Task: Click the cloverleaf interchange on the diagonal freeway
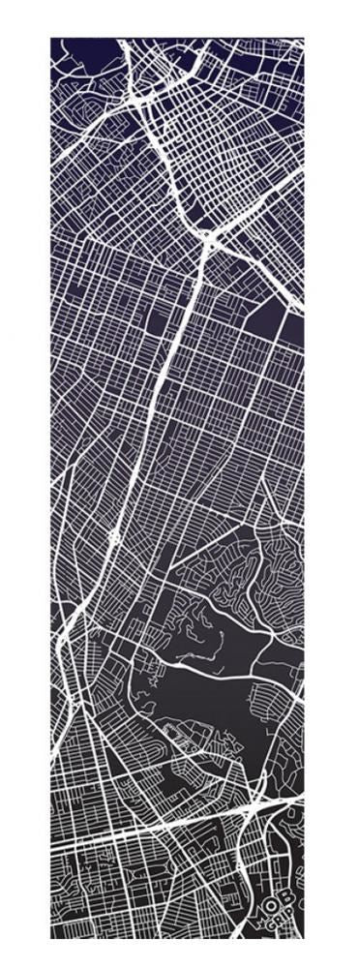[114, 536]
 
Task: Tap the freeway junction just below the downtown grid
[207, 235]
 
